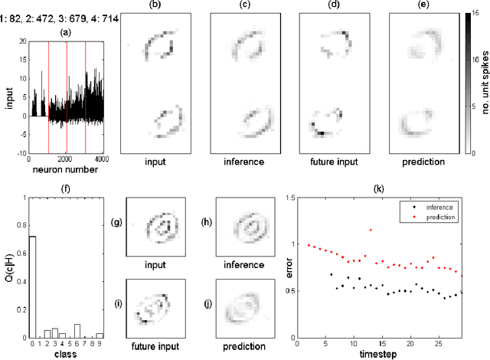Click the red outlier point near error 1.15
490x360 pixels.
(x=371, y=229)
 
